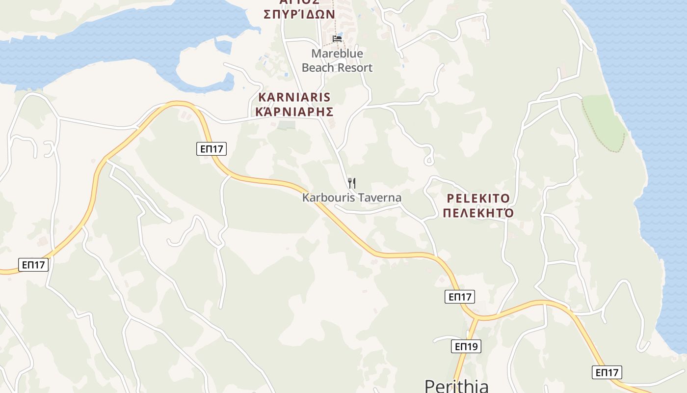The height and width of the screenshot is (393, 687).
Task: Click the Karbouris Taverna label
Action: click(352, 197)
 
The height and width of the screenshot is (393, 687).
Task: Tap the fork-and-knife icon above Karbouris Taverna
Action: click(351, 183)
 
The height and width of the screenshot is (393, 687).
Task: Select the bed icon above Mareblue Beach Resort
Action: click(337, 38)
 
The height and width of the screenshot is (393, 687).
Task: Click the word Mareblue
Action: click(337, 53)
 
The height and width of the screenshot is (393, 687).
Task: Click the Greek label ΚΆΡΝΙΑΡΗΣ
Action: click(294, 112)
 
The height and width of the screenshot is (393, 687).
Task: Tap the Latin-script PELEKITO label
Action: click(478, 198)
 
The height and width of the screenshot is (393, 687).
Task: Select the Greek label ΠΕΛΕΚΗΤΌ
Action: click(477, 213)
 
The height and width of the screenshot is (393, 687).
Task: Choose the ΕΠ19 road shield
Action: click(466, 346)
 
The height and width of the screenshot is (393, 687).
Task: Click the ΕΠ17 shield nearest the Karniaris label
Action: click(212, 149)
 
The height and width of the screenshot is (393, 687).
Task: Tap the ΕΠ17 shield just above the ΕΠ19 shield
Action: click(460, 296)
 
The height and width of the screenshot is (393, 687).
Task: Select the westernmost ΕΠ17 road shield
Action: click(34, 265)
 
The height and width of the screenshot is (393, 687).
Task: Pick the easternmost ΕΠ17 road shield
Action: click(607, 372)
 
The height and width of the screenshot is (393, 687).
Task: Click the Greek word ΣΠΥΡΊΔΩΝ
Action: click(299, 14)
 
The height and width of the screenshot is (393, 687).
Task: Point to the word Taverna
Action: click(379, 197)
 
